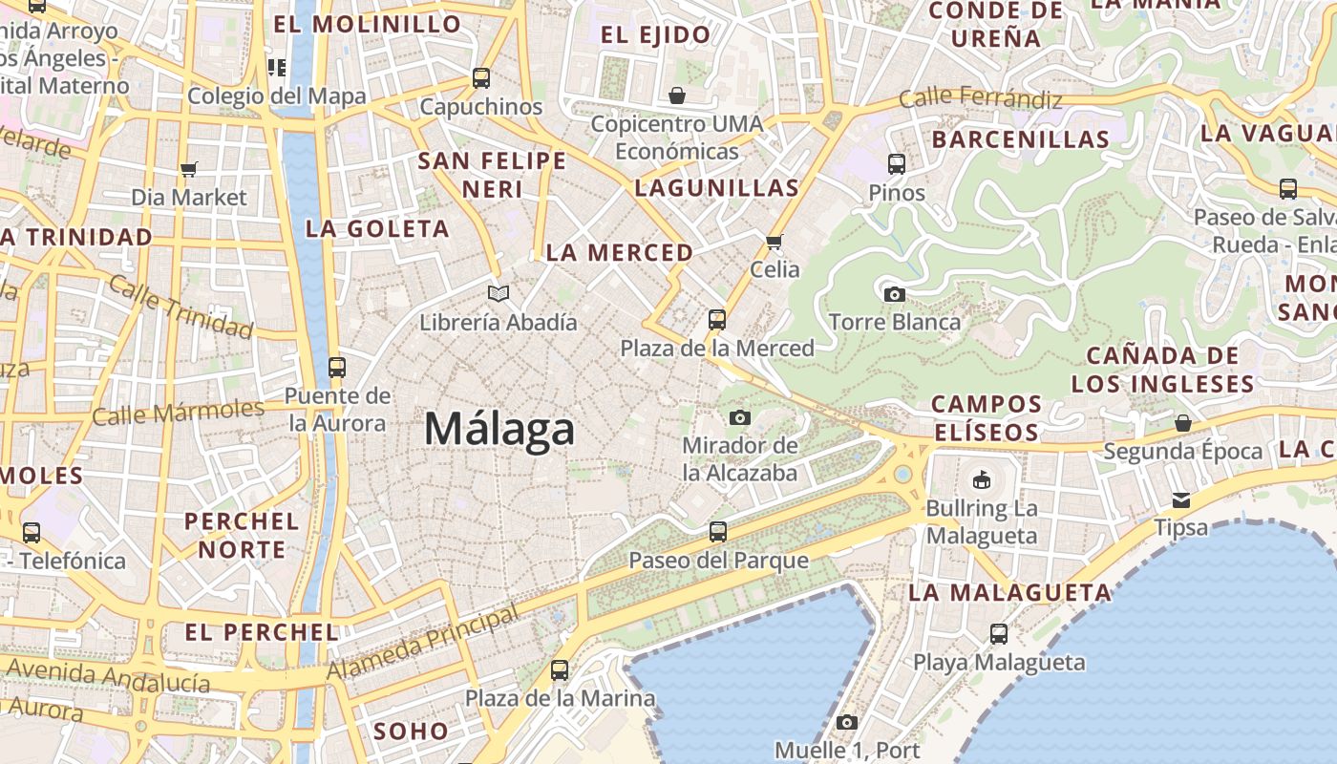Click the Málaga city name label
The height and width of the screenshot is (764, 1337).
click(x=499, y=429)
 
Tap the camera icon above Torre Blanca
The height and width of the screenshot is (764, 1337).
click(x=894, y=294)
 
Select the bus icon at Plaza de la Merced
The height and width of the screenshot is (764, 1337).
click(x=717, y=320)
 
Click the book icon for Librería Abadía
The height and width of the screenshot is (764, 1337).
click(x=498, y=293)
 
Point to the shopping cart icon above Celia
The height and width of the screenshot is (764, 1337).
click(x=775, y=242)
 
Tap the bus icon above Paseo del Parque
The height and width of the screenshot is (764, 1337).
click(x=718, y=532)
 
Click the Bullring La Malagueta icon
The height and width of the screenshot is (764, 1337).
click(x=981, y=479)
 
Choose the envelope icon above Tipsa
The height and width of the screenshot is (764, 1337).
click(x=1181, y=499)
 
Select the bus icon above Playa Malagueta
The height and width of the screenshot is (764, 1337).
click(x=999, y=633)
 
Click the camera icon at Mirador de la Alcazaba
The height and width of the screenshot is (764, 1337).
click(x=739, y=417)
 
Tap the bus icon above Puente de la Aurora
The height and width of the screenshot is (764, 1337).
click(x=336, y=367)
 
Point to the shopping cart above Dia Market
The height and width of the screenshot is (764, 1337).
click(x=188, y=169)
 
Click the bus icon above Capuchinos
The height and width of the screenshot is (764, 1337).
click(x=481, y=78)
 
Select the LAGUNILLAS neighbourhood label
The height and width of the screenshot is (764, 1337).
click(x=716, y=187)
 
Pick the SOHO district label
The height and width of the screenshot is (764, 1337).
click(x=411, y=732)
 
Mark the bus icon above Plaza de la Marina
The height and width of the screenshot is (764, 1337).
click(x=560, y=670)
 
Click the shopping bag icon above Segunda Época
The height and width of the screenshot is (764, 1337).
click(x=1183, y=423)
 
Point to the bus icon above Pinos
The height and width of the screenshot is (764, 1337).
click(x=896, y=164)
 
